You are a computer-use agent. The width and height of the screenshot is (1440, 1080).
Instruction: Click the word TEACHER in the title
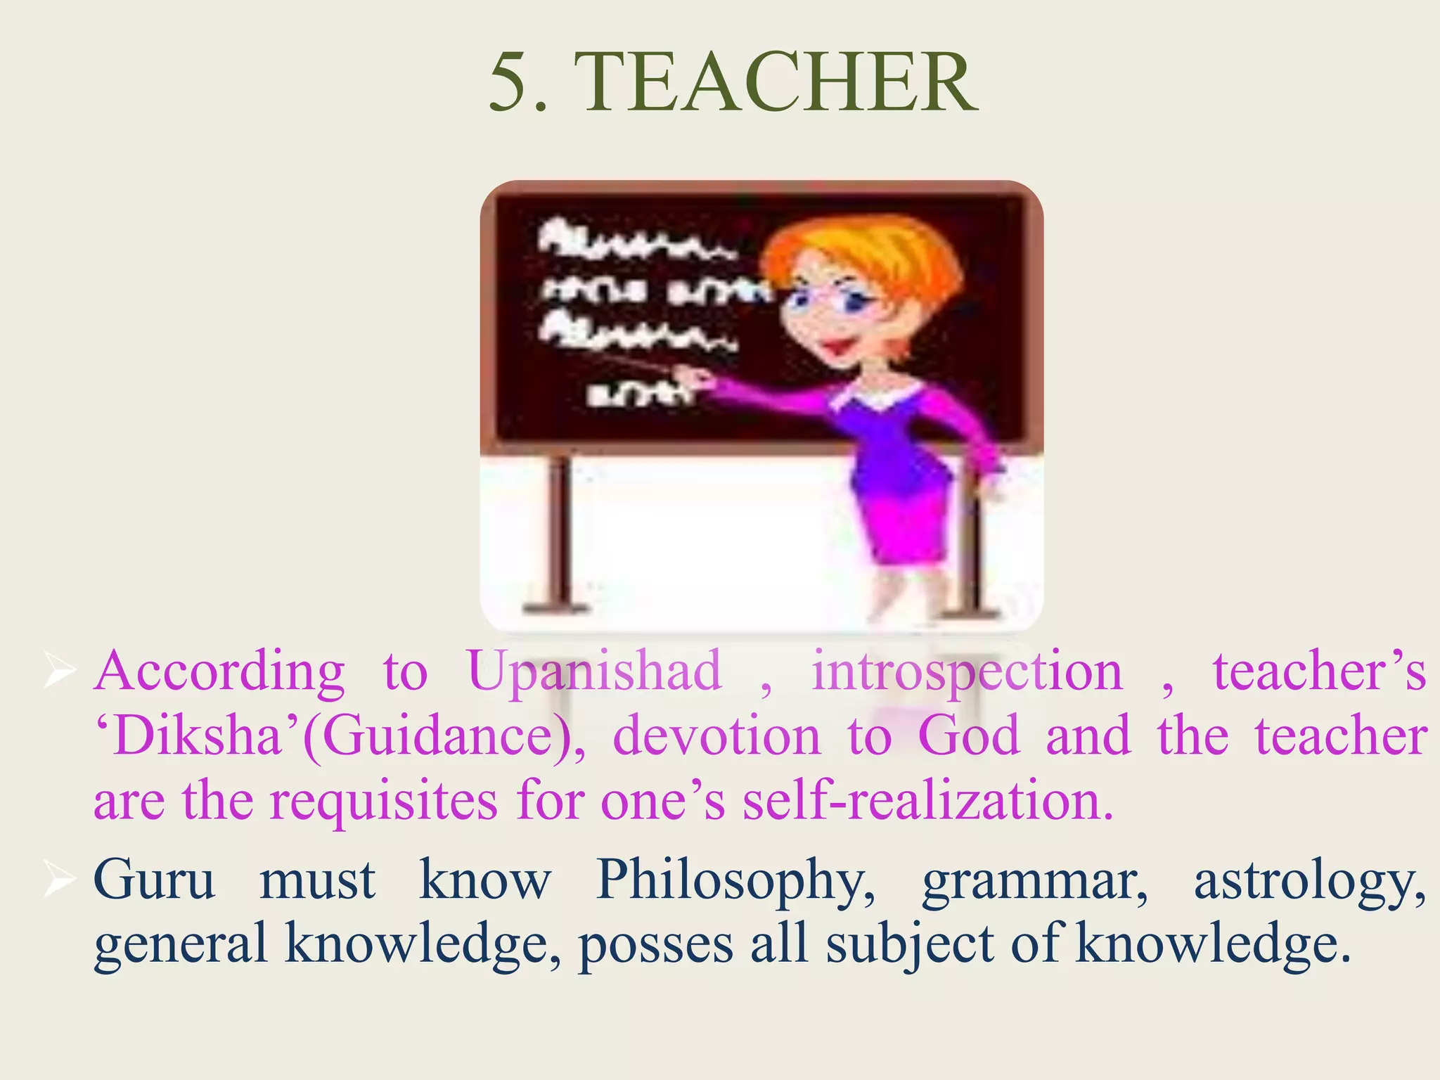(780, 83)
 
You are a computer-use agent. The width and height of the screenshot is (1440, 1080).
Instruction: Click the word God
(968, 735)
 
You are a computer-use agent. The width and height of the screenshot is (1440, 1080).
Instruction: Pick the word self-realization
(928, 802)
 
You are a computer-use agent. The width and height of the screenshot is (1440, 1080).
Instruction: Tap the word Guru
(154, 879)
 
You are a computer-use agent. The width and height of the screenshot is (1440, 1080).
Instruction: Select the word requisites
(384, 802)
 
